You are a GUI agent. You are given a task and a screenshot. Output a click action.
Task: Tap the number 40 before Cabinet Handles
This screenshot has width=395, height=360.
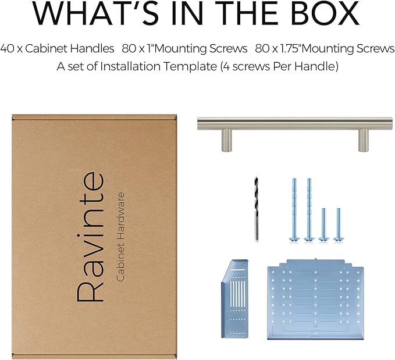[x=7, y=48]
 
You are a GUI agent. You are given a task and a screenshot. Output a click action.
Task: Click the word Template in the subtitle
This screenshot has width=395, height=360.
[x=190, y=66]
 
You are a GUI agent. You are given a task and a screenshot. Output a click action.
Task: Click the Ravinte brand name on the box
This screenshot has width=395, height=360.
[x=91, y=237]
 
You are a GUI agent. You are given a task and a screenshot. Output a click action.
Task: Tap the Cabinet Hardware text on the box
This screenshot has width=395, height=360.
[x=120, y=237]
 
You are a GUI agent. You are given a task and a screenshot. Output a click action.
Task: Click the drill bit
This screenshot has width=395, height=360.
[x=256, y=209]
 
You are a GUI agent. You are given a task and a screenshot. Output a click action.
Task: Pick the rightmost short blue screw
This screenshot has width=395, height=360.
[x=339, y=224]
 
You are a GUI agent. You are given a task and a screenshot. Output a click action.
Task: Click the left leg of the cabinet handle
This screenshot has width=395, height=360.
[x=226, y=140]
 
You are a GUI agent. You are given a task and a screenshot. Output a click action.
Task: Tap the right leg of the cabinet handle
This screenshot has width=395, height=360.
[x=363, y=140]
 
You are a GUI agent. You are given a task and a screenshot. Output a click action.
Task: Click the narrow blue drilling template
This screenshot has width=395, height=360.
[x=235, y=298]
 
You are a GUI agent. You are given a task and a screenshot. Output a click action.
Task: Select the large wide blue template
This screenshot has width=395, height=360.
[x=316, y=299]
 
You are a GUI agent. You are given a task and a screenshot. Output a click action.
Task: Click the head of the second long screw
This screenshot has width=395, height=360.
[x=309, y=238]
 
